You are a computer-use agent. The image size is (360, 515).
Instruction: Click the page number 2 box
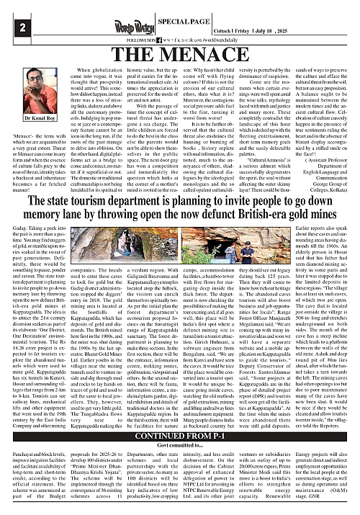tap(10, 28)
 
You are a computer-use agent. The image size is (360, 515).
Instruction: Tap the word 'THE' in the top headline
tap(145, 56)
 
